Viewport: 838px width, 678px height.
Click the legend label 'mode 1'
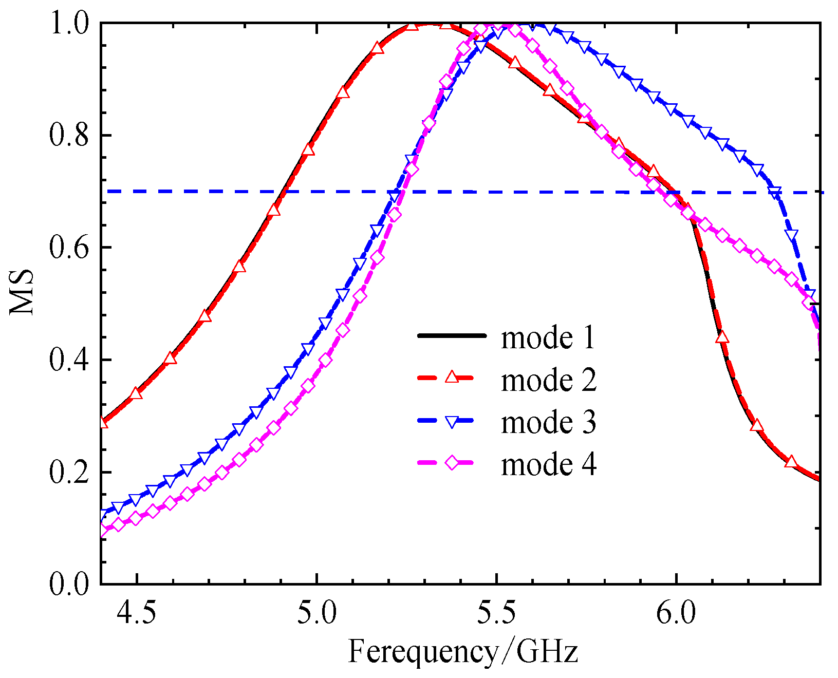coord(548,338)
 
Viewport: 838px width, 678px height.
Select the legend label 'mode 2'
coord(548,380)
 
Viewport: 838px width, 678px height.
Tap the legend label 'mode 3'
coord(548,422)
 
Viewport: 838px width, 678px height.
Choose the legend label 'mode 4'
coord(548,464)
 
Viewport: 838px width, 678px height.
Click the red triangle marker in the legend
coord(452,378)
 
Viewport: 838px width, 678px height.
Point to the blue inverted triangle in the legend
coord(452,422)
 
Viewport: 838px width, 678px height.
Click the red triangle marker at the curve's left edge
coord(103,422)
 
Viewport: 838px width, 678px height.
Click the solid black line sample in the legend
coord(452,336)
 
